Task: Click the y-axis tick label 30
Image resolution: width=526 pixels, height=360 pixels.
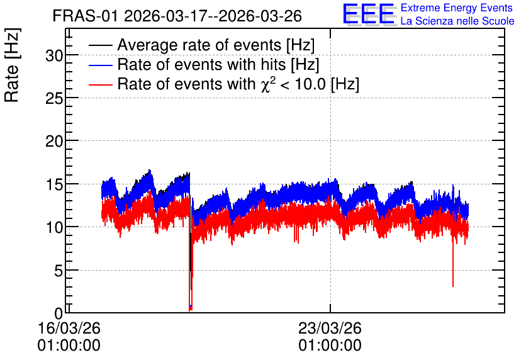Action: [x=54, y=55]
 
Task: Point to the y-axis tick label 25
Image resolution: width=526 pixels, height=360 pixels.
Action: [x=54, y=98]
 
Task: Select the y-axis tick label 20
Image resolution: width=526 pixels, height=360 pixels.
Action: [x=54, y=141]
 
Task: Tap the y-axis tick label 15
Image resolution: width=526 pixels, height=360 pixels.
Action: [x=54, y=184]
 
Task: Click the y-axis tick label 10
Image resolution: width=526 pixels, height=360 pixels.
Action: [x=54, y=227]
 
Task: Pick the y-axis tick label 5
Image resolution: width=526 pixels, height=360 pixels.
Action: [x=59, y=271]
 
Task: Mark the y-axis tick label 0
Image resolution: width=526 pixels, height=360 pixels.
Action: [x=59, y=313]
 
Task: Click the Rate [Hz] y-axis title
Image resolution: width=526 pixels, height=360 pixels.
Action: [x=12, y=65]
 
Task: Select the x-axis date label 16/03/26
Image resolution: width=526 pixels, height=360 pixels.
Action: [x=69, y=328]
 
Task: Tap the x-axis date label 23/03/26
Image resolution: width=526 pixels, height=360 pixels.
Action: [x=330, y=328]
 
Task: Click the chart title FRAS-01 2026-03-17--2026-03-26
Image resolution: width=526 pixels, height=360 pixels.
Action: [x=177, y=16]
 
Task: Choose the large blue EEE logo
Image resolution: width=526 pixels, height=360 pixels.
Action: [x=369, y=14]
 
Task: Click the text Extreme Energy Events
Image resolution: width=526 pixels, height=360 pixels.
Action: [x=457, y=8]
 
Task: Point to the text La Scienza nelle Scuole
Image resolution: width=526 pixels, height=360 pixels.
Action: [x=457, y=21]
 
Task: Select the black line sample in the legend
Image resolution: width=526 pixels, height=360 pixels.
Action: [x=100, y=45]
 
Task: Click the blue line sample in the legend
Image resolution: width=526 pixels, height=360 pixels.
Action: [x=100, y=65]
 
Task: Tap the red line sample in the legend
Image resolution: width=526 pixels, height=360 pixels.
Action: [x=100, y=84]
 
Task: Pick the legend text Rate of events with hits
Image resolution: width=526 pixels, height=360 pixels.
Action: [x=201, y=64]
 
